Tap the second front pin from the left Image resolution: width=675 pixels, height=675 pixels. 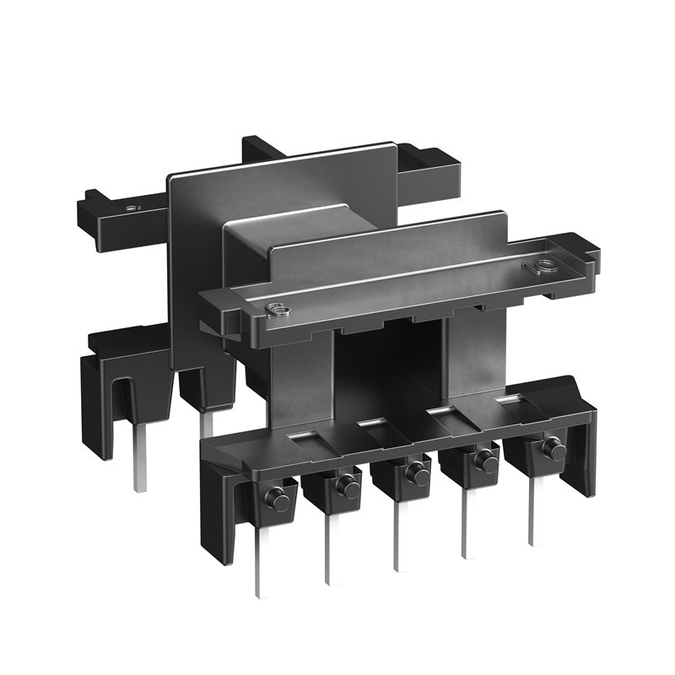click(328, 548)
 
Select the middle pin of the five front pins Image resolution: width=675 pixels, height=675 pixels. click(397, 536)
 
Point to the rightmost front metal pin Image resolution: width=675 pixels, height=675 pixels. click(532, 510)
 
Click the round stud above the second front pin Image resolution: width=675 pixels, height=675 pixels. click(345, 486)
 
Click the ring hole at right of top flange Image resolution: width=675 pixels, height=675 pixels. click(537, 270)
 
